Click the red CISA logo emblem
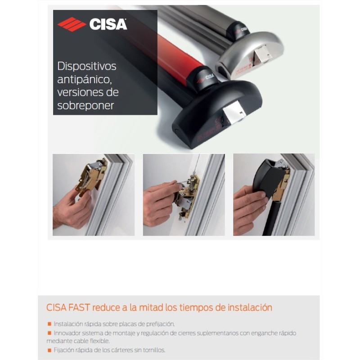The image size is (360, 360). (x=72, y=24)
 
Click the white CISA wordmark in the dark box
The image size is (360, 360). (x=108, y=24)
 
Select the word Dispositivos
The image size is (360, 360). (x=87, y=66)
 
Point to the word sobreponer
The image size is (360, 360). (x=86, y=105)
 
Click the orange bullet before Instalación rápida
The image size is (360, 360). (x=49, y=324)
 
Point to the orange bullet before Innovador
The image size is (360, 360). (x=49, y=333)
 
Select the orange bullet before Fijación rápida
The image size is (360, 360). (x=49, y=350)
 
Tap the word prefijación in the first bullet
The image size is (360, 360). (x=158, y=324)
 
